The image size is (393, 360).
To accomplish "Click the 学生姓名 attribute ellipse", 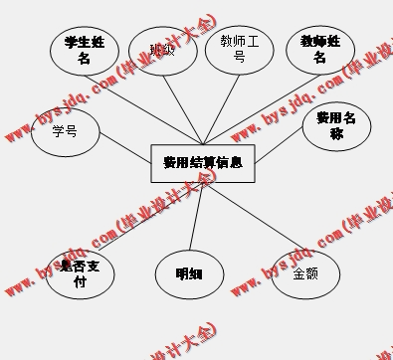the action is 84,49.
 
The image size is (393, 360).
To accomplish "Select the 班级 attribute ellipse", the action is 161,51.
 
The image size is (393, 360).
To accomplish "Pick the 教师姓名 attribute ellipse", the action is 318,49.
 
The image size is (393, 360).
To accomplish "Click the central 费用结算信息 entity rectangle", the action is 202,161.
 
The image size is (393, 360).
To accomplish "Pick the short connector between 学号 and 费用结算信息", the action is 124,149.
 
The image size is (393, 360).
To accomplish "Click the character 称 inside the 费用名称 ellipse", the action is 336,133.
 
